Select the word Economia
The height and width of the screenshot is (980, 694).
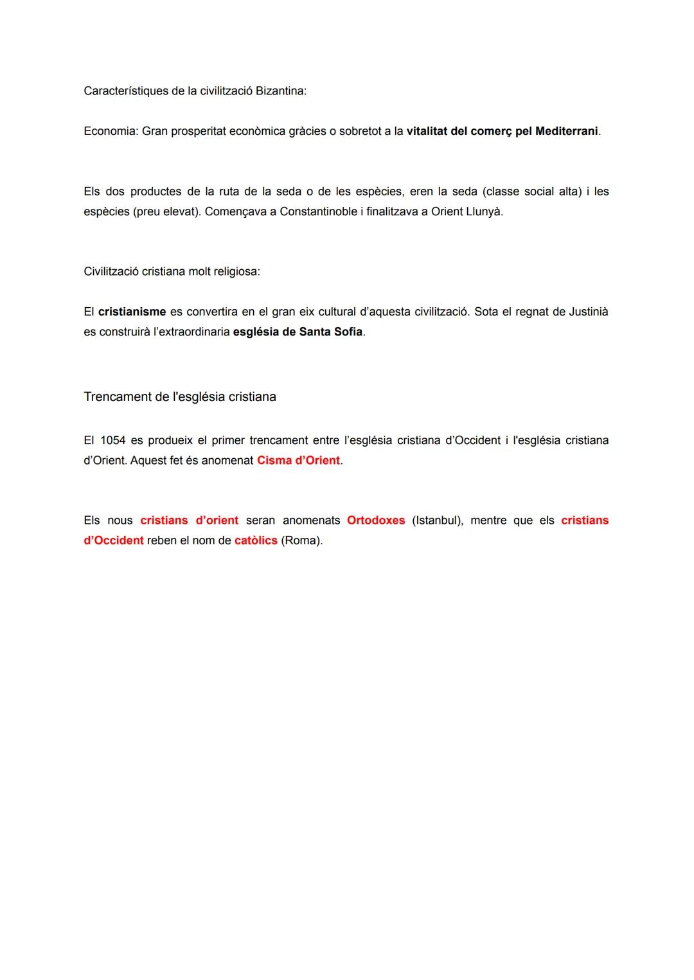click(109, 131)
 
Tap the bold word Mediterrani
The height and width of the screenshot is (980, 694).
click(566, 131)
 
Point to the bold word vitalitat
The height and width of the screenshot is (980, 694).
click(431, 131)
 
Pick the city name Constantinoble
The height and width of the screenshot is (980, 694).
click(318, 211)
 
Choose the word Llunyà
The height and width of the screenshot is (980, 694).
click(483, 211)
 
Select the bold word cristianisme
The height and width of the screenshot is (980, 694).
click(132, 312)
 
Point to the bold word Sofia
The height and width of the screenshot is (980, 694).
click(346, 332)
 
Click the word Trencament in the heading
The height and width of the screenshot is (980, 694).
click(118, 396)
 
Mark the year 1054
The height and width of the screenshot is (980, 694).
click(113, 440)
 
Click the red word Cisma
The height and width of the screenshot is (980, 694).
click(274, 460)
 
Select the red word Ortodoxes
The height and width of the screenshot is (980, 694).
click(376, 520)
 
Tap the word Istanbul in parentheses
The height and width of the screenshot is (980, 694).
click(437, 520)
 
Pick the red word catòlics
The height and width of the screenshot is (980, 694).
click(256, 540)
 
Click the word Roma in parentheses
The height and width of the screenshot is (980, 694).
click(301, 540)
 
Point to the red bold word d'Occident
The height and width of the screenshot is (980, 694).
click(114, 540)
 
